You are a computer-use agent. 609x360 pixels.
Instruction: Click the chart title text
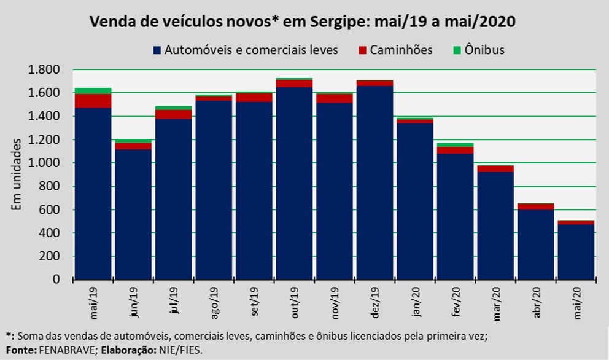[303, 22]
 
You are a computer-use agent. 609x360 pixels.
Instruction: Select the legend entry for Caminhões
[401, 50]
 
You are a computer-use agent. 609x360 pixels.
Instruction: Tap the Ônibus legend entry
[484, 50]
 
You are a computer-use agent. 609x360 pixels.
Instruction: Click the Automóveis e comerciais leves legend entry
[251, 50]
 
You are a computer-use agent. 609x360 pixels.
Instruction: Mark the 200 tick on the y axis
[51, 257]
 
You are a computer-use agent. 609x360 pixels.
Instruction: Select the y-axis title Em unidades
[17, 174]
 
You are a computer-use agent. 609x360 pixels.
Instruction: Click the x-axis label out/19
[295, 303]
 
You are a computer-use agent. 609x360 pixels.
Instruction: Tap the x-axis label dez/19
[376, 303]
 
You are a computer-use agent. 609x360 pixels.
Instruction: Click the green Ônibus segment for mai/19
[93, 91]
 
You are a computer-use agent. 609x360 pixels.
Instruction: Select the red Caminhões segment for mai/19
[93, 101]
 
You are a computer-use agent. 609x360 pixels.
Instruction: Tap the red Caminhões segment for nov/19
[335, 98]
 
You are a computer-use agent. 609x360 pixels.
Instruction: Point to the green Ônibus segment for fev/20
[456, 144]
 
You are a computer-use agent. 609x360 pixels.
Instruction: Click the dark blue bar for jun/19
[133, 215]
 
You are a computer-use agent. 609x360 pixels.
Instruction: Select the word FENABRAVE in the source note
[63, 350]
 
